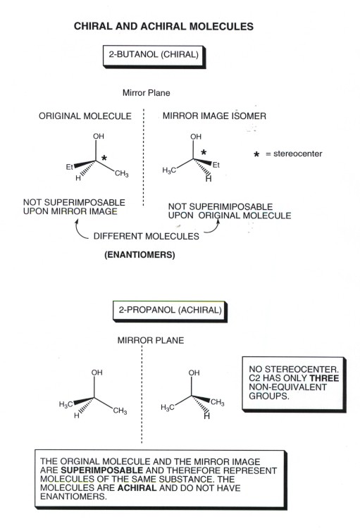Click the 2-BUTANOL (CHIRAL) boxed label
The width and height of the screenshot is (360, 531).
coord(154,56)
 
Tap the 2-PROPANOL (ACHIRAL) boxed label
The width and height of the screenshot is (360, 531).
coord(170,311)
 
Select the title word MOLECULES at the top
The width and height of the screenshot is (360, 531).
coord(221,27)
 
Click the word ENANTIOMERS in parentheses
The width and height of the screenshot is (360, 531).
coord(139,255)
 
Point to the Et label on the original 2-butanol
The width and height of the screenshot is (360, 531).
coord(69,167)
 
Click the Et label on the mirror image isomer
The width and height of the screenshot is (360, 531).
coord(216,165)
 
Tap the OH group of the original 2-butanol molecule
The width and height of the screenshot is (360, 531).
coord(99,136)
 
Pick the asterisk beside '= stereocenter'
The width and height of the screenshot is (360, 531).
coord(256,154)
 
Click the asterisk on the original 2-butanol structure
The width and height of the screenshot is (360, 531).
coord(104,158)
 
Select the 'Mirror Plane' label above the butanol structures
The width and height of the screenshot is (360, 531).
coord(147,93)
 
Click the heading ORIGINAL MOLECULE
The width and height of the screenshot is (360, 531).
coord(85,116)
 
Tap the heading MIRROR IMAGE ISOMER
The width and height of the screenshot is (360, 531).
coord(214,115)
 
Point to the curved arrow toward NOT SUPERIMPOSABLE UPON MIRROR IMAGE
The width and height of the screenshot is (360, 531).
coord(80,230)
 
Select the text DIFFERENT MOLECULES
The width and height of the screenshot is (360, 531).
coord(147,237)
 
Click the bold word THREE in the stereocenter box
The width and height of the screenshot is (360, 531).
coord(324,378)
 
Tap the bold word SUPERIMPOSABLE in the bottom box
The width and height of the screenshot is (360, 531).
coord(101,470)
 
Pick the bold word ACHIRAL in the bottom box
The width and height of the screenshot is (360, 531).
coord(137,488)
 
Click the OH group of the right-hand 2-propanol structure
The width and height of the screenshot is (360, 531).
coord(194,373)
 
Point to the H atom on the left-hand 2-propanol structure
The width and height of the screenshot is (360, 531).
coord(77,416)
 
